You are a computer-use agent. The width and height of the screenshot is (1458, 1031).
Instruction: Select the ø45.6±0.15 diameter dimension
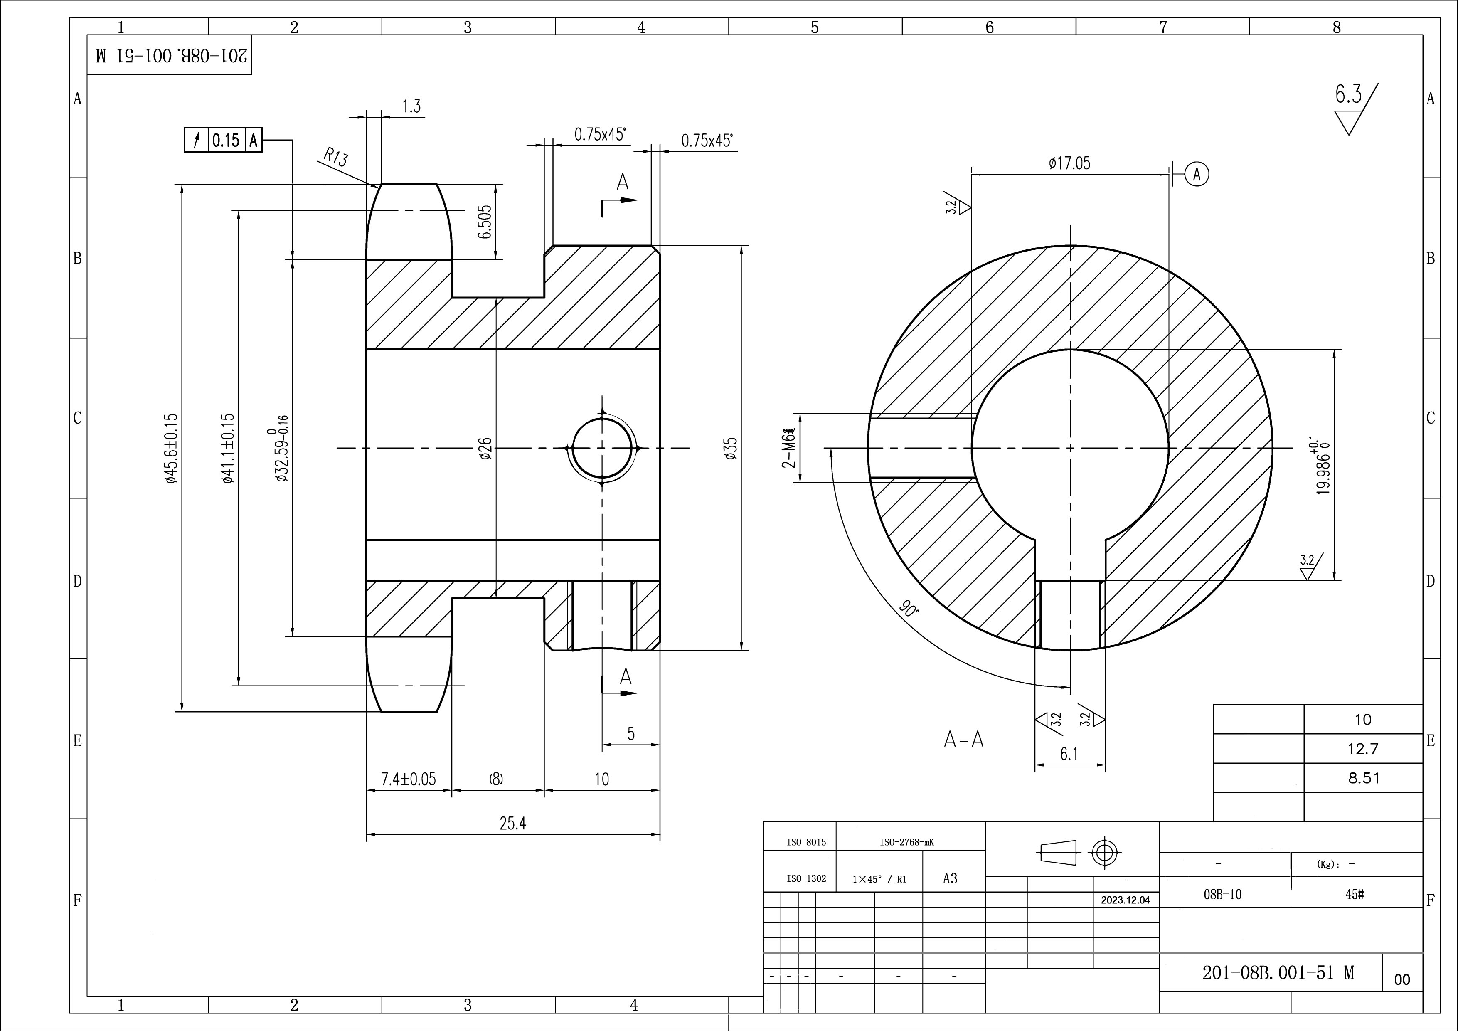coord(170,449)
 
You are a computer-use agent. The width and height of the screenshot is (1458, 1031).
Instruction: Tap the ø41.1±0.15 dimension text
coord(229,449)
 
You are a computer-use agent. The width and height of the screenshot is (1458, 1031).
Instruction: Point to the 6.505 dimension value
coord(485,222)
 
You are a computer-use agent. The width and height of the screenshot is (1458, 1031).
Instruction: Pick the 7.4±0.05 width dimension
coord(408,779)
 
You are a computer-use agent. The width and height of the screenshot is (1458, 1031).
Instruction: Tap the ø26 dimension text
coord(485,449)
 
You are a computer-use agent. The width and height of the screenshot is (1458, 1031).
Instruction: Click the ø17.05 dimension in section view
coord(1069,164)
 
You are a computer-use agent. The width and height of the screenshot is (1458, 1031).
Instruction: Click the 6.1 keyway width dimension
coord(1069,755)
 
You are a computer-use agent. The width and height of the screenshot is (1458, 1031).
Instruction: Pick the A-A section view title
coord(963,740)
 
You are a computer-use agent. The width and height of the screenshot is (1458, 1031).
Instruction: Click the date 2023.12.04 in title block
coord(1125,900)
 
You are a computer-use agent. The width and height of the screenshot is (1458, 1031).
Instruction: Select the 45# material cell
coord(1355,894)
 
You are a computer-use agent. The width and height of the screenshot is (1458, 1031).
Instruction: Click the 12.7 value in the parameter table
coord(1363,749)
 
